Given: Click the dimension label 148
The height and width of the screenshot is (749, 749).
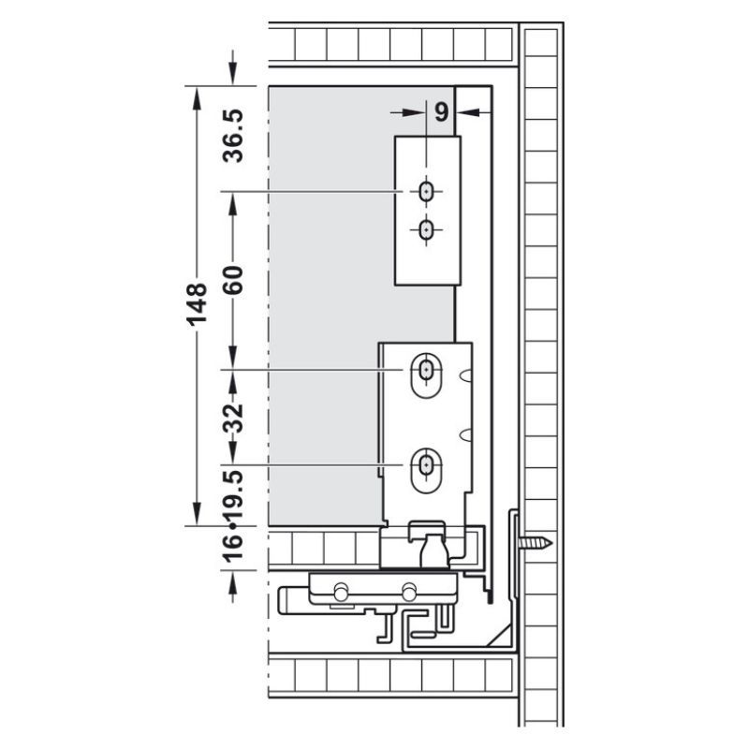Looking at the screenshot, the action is click(197, 305).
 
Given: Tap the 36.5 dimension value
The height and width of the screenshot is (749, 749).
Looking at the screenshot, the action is click(233, 136).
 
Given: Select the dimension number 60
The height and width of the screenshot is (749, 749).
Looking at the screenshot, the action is click(233, 279).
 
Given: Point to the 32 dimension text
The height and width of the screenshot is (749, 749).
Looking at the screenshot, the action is click(233, 419).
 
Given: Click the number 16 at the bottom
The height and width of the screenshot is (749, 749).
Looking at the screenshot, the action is click(233, 547).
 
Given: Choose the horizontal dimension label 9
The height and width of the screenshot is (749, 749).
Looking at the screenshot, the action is click(442, 112).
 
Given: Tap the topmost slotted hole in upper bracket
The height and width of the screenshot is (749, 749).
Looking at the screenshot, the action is click(425, 192).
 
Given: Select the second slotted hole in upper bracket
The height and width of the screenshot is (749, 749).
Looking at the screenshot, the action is click(425, 230).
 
